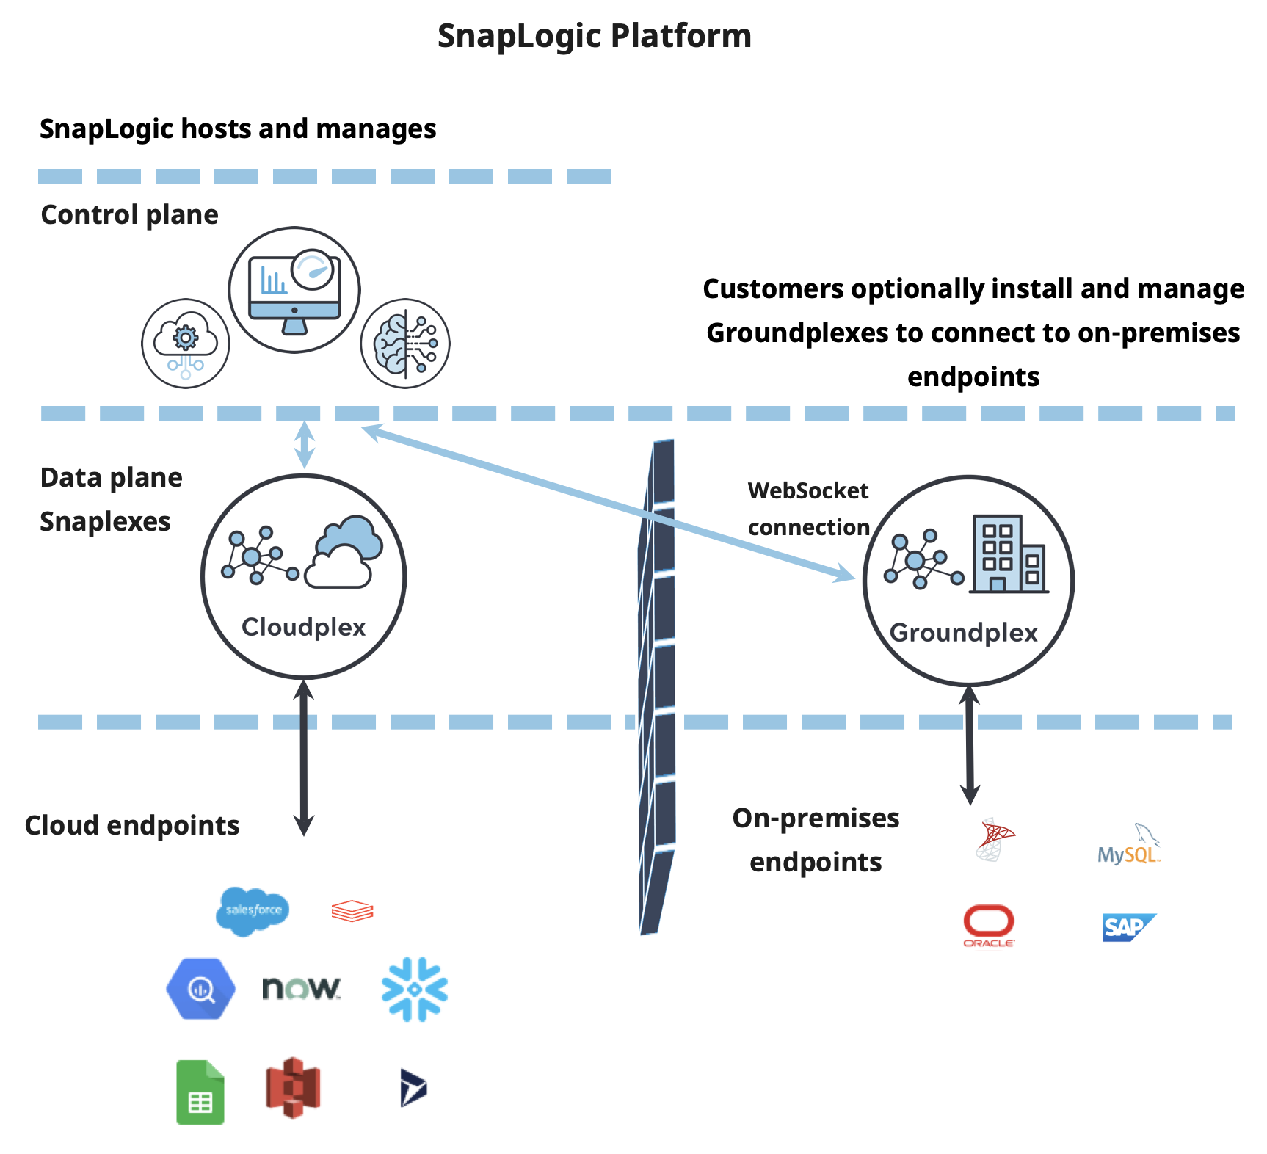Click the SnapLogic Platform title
(x=594, y=36)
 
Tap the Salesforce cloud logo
(x=253, y=910)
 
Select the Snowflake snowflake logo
(x=415, y=989)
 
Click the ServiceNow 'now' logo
(x=301, y=988)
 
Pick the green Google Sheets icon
(x=200, y=1092)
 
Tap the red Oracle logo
(x=989, y=926)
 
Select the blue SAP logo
(x=1128, y=927)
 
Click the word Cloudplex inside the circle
(x=303, y=627)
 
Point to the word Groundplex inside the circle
(x=963, y=633)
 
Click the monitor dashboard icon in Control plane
(x=294, y=291)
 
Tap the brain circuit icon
(x=405, y=343)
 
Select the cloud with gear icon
(x=185, y=343)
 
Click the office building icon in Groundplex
(x=1008, y=554)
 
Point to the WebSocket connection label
(x=808, y=509)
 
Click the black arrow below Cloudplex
(x=303, y=756)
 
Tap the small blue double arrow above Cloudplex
(x=304, y=444)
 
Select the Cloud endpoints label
(x=132, y=825)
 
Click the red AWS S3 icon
(x=293, y=1087)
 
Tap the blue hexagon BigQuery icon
(x=201, y=989)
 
